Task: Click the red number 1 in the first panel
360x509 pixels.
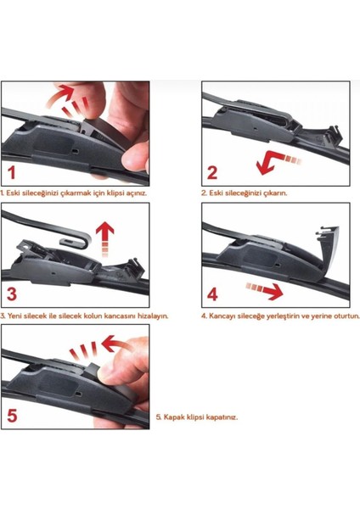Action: click(x=12, y=172)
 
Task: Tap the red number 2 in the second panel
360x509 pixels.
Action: click(x=212, y=172)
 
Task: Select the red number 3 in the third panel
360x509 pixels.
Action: click(x=12, y=294)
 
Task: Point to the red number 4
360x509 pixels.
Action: click(x=212, y=294)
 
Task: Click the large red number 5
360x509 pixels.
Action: click(x=12, y=416)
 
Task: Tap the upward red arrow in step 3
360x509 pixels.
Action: click(x=105, y=239)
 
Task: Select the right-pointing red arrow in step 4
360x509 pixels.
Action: click(x=264, y=290)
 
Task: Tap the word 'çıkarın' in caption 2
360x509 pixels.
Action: click(x=276, y=193)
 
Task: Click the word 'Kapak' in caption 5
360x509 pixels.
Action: click(x=173, y=417)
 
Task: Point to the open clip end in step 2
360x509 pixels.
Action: click(x=333, y=136)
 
